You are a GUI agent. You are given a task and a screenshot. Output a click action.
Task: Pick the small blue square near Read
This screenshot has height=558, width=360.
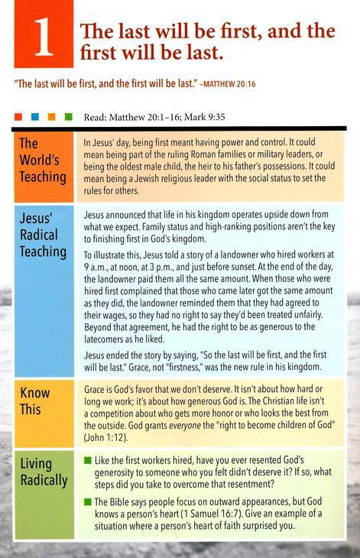point(34,117)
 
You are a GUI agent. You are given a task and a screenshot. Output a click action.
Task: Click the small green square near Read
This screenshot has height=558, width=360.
point(68,117)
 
